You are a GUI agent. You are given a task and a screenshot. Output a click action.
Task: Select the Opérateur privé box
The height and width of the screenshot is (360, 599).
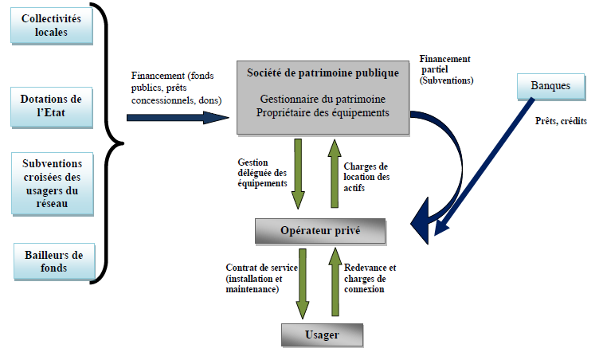coord(320,231)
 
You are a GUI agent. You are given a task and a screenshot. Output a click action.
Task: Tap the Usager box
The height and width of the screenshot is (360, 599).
coord(321,335)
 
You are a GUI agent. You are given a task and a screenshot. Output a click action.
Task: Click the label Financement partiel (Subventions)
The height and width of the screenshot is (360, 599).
coord(447,69)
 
